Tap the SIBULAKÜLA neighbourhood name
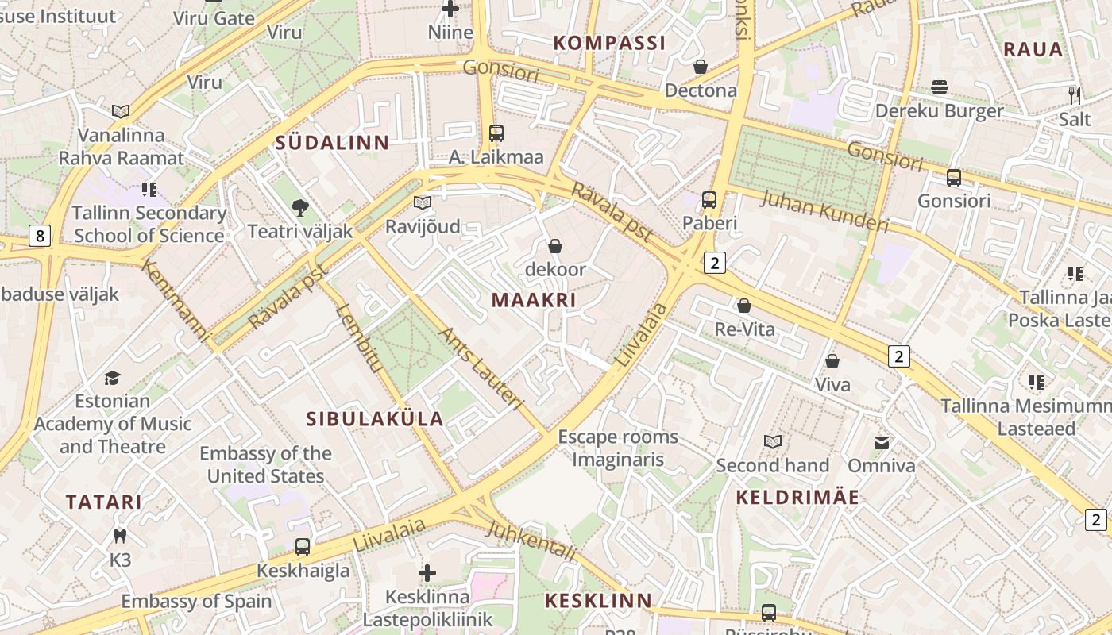pyautogui.click(x=375, y=419)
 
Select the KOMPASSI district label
pyautogui.click(x=609, y=43)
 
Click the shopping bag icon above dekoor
pyautogui.click(x=555, y=246)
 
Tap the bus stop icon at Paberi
pyautogui.click(x=709, y=200)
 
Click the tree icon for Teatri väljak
pyautogui.click(x=300, y=208)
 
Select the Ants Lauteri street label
pyautogui.click(x=481, y=369)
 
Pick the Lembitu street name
pyautogui.click(x=359, y=337)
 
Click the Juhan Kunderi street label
pyautogui.click(x=824, y=210)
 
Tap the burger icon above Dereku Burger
pyautogui.click(x=940, y=87)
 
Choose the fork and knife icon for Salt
pyautogui.click(x=1075, y=96)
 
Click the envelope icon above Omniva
pyautogui.click(x=882, y=442)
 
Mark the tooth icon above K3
pyautogui.click(x=120, y=537)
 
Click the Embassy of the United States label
pyautogui.click(x=265, y=464)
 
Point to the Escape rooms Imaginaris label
pyautogui.click(x=618, y=448)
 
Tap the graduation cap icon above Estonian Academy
pyautogui.click(x=113, y=378)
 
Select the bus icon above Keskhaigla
pyautogui.click(x=303, y=546)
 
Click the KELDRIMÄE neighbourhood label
pyautogui.click(x=797, y=498)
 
